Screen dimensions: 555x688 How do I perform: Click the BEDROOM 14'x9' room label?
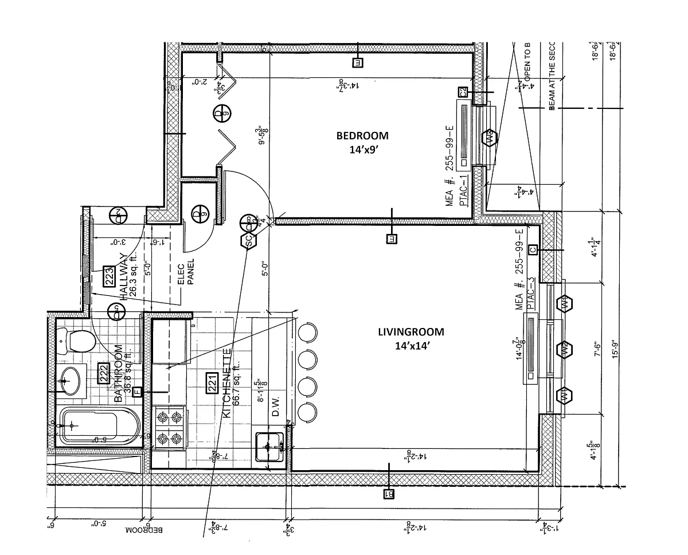pyautogui.click(x=362, y=141)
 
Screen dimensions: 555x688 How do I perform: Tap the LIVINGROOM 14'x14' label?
pyautogui.click(x=411, y=338)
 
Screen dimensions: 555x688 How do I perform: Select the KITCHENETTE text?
pyautogui.click(x=226, y=383)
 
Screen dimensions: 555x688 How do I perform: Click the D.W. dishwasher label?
pyautogui.click(x=276, y=408)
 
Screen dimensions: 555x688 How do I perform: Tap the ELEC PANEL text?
pyautogui.click(x=187, y=272)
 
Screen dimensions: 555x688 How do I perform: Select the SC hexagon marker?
pyautogui.click(x=249, y=241)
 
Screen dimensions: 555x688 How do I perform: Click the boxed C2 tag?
pyautogui.click(x=462, y=92)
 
